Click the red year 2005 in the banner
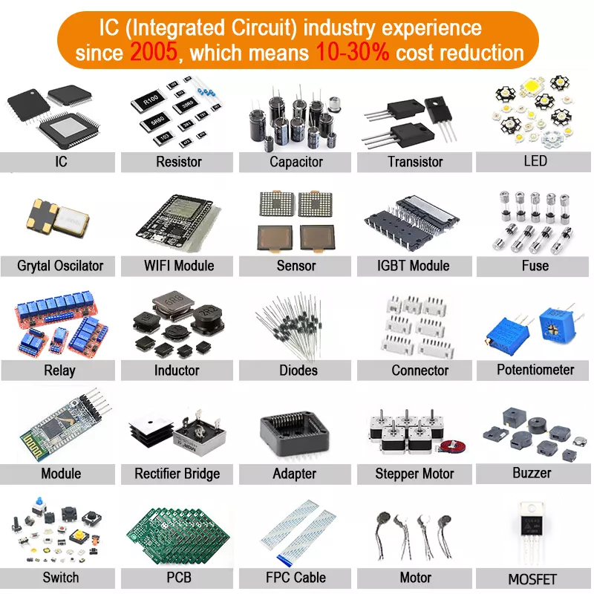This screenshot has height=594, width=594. pos(154,52)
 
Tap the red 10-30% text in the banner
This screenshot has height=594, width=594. pos(352,52)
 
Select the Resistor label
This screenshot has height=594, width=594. pos(179,162)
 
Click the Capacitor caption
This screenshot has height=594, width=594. pos(296,162)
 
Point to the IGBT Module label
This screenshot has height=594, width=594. pos(414,266)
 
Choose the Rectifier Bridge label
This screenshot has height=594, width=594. pos(177,474)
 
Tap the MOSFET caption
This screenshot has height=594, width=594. pos(532,579)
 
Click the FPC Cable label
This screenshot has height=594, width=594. pos(296,578)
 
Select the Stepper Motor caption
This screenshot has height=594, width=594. pos(414,474)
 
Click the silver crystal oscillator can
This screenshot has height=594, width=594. pos(73,221)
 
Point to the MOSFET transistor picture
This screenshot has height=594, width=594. pos(532,532)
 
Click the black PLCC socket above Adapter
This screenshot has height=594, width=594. pos(294,434)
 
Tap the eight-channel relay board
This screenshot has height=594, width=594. pos(57,310)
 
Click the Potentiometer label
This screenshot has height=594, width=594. pos(535,369)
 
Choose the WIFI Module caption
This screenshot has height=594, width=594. pos(179,266)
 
